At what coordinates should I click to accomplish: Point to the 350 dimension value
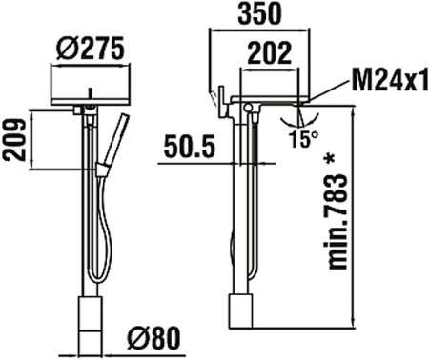(258, 15)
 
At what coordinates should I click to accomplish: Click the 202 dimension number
(270, 54)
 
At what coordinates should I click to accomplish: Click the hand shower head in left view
(123, 130)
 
